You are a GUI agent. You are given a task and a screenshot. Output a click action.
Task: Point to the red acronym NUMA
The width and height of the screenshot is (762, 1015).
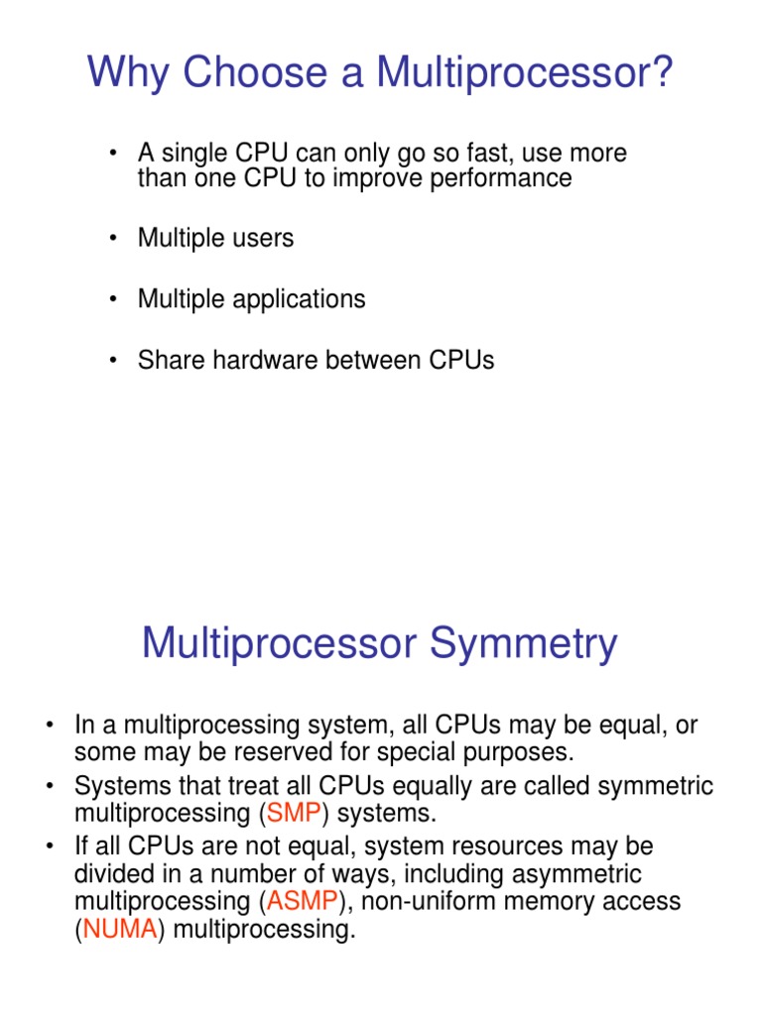click(120, 932)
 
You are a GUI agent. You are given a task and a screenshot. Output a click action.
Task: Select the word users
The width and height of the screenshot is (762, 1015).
click(262, 239)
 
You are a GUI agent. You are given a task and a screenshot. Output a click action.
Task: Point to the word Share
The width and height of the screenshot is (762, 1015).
click(169, 360)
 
